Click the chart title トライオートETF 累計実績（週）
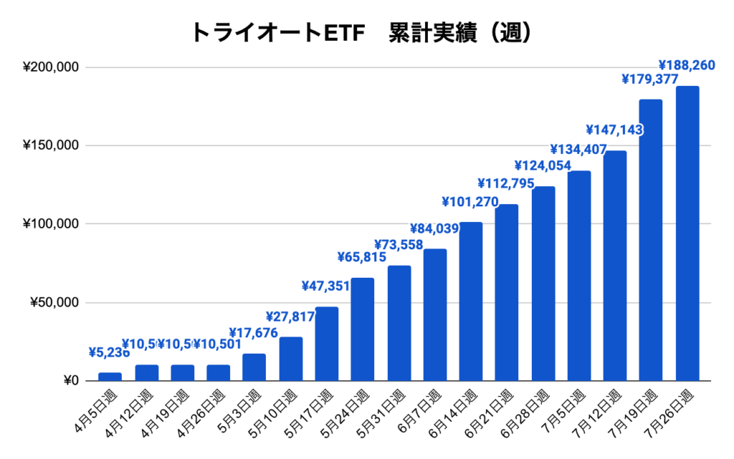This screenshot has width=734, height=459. pyautogui.click(x=361, y=32)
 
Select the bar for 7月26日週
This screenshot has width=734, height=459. pyautogui.click(x=687, y=233)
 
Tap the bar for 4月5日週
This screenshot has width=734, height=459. pyautogui.click(x=110, y=377)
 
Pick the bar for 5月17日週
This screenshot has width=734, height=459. pyautogui.click(x=327, y=344)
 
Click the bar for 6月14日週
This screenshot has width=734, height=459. pyautogui.click(x=471, y=301)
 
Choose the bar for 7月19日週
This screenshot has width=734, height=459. pyautogui.click(x=651, y=240)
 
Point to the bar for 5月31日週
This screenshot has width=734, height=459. pyautogui.click(x=399, y=323)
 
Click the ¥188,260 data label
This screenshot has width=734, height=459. pyautogui.click(x=686, y=66)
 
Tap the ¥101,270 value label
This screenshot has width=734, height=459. pyautogui.click(x=470, y=201)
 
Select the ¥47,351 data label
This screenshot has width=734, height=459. pyautogui.click(x=327, y=286)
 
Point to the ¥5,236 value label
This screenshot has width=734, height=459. pyautogui.click(x=110, y=352)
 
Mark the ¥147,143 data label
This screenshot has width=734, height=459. pyautogui.click(x=614, y=130)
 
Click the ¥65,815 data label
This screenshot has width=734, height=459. pyautogui.click(x=362, y=257)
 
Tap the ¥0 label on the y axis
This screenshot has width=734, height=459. pyautogui.click(x=69, y=381)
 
